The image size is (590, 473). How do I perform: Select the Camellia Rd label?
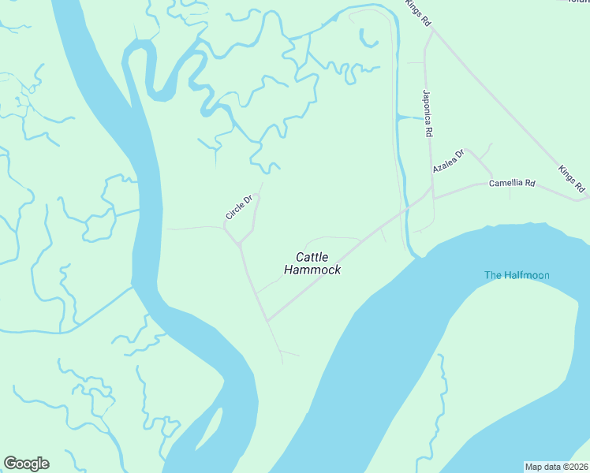click(x=512, y=184)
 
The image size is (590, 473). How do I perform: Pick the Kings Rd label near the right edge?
click(x=571, y=179)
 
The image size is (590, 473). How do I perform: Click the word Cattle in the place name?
click(x=312, y=256)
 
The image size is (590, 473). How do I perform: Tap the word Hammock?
click(x=312, y=270)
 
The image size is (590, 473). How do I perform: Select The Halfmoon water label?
click(x=517, y=275)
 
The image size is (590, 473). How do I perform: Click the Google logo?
click(x=26, y=464)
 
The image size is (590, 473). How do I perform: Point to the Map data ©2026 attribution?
click(x=556, y=466)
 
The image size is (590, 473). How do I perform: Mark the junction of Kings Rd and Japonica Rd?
click(x=431, y=31)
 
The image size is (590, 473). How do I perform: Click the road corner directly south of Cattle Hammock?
click(x=267, y=320)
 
